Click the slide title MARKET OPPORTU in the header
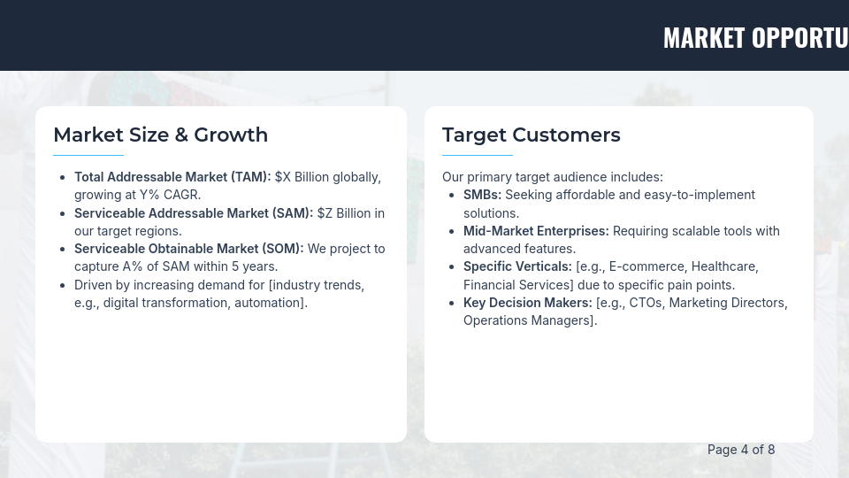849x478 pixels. [755, 37]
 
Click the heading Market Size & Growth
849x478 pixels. [160, 135]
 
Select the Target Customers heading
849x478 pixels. [531, 135]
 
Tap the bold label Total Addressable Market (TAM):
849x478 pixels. [172, 177]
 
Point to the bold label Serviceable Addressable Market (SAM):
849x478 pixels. [194, 213]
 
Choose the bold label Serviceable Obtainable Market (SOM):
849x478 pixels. [188, 249]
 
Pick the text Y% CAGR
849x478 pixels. [170, 195]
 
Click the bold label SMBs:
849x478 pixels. [482, 195]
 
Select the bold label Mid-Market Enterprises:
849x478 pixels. [536, 231]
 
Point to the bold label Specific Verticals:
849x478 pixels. [517, 266]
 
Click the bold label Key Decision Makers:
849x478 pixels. [527, 303]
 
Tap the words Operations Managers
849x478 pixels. [527, 320]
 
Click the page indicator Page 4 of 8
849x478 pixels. [741, 450]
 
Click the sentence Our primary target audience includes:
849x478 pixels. [552, 177]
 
